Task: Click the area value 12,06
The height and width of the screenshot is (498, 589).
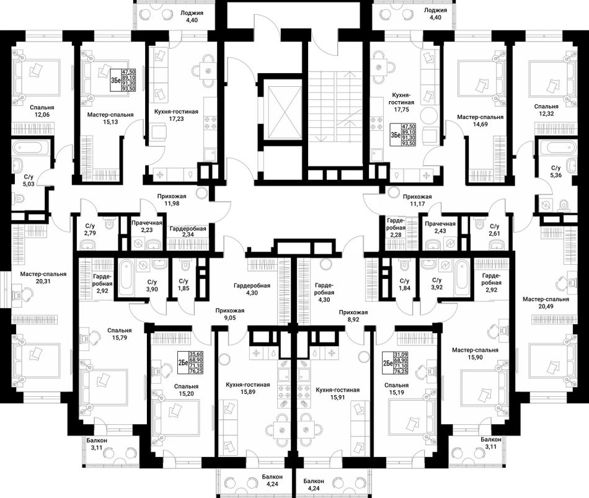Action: click(x=42, y=115)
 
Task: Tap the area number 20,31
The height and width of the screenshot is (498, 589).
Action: click(x=43, y=281)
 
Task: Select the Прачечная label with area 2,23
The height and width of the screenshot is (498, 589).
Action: click(x=147, y=223)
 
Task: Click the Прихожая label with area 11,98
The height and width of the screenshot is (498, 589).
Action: click(x=172, y=196)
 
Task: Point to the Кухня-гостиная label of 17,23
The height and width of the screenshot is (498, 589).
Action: click(x=176, y=112)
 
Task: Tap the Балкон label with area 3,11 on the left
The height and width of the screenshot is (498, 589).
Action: click(x=97, y=440)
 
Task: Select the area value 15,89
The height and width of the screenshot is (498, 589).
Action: click(x=248, y=392)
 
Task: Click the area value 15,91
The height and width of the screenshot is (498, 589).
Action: click(x=338, y=398)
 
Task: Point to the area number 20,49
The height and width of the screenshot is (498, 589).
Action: click(x=546, y=306)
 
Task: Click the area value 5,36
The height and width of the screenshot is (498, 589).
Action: click(x=556, y=175)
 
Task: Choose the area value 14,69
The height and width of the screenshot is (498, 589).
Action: click(x=480, y=124)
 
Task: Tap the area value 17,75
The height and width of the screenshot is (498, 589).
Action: click(x=401, y=109)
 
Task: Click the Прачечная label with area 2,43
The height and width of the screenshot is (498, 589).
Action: click(x=440, y=224)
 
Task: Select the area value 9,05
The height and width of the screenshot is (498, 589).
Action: click(x=230, y=318)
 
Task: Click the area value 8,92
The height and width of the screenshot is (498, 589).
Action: click(x=353, y=319)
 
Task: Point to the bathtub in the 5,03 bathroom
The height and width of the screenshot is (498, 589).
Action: click(x=30, y=148)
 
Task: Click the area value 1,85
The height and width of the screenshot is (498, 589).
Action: click(x=184, y=288)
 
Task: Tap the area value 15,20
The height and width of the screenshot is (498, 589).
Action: click(x=187, y=394)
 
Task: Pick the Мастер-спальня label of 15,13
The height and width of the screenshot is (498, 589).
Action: click(x=110, y=115)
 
